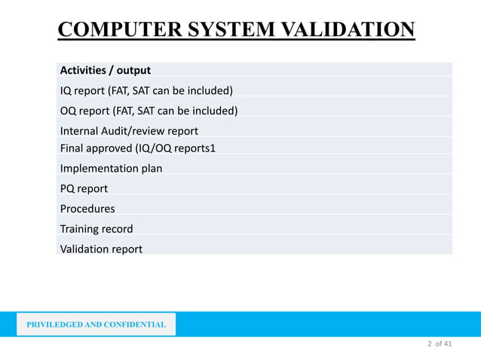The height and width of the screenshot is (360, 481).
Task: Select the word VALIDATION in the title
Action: click(341, 30)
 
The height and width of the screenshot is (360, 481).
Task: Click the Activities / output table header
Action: click(106, 71)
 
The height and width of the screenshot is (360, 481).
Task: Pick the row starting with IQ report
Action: click(146, 91)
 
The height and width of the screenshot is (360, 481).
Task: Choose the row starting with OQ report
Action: click(149, 111)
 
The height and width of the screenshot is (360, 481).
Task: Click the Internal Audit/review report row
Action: click(129, 131)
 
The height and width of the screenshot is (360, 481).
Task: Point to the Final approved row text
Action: click(138, 148)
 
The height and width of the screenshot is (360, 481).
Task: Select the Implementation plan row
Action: click(111, 168)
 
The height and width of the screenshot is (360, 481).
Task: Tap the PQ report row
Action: click(84, 188)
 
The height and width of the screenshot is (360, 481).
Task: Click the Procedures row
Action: click(87, 209)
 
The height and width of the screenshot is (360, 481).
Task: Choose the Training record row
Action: click(97, 229)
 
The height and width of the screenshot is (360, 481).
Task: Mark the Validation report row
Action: click(101, 249)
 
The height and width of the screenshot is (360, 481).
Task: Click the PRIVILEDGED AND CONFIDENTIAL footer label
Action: click(97, 325)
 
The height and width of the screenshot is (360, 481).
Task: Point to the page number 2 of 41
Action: click(440, 344)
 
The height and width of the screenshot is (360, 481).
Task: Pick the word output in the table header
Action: click(133, 71)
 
